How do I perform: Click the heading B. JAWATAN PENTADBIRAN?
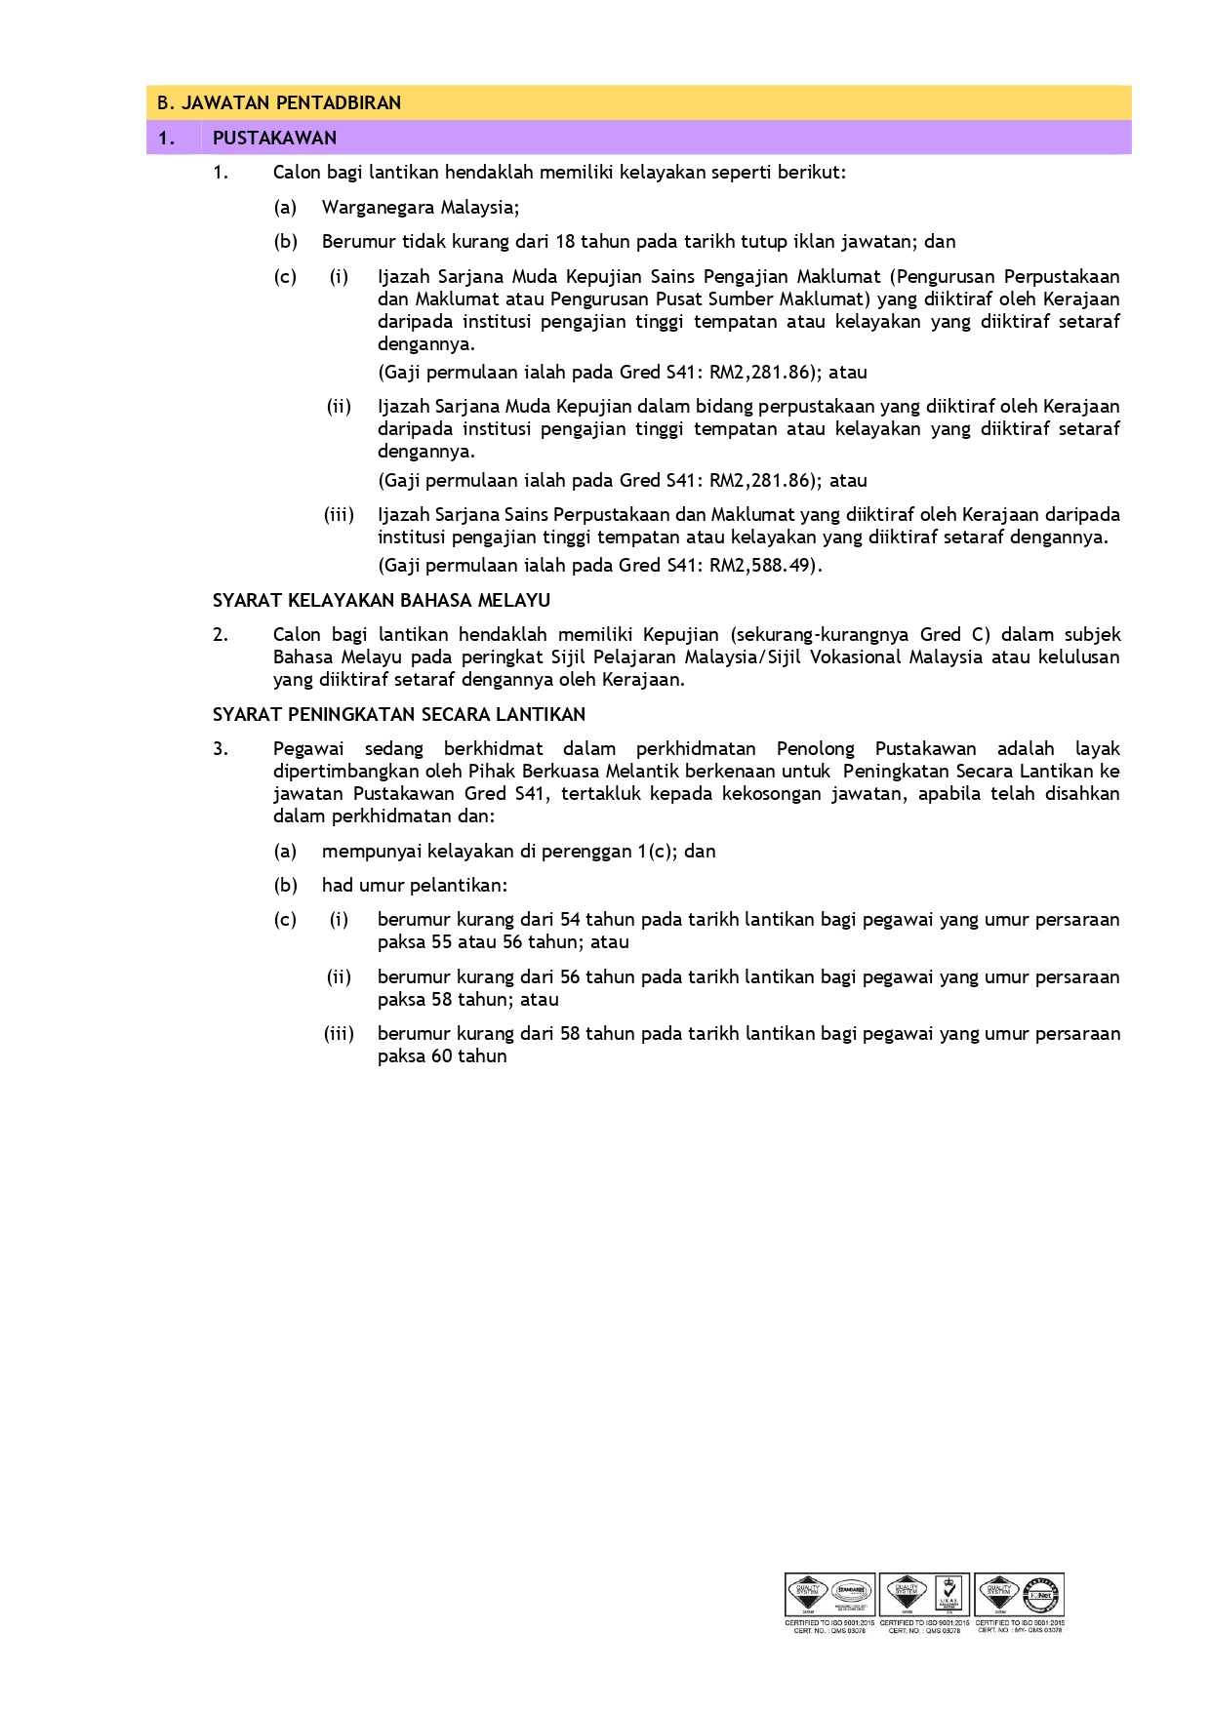279,102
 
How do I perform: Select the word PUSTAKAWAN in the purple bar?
274,138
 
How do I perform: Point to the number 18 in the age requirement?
565,241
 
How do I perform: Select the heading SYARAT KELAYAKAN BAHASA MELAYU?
382,600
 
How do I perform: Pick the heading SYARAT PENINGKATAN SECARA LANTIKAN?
399,714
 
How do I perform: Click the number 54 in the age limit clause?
570,919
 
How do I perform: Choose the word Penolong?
815,748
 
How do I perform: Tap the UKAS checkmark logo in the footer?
949,1595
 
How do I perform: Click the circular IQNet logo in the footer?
1042,1595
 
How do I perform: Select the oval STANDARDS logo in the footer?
851,1595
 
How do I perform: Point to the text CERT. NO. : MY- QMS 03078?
1020,1629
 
